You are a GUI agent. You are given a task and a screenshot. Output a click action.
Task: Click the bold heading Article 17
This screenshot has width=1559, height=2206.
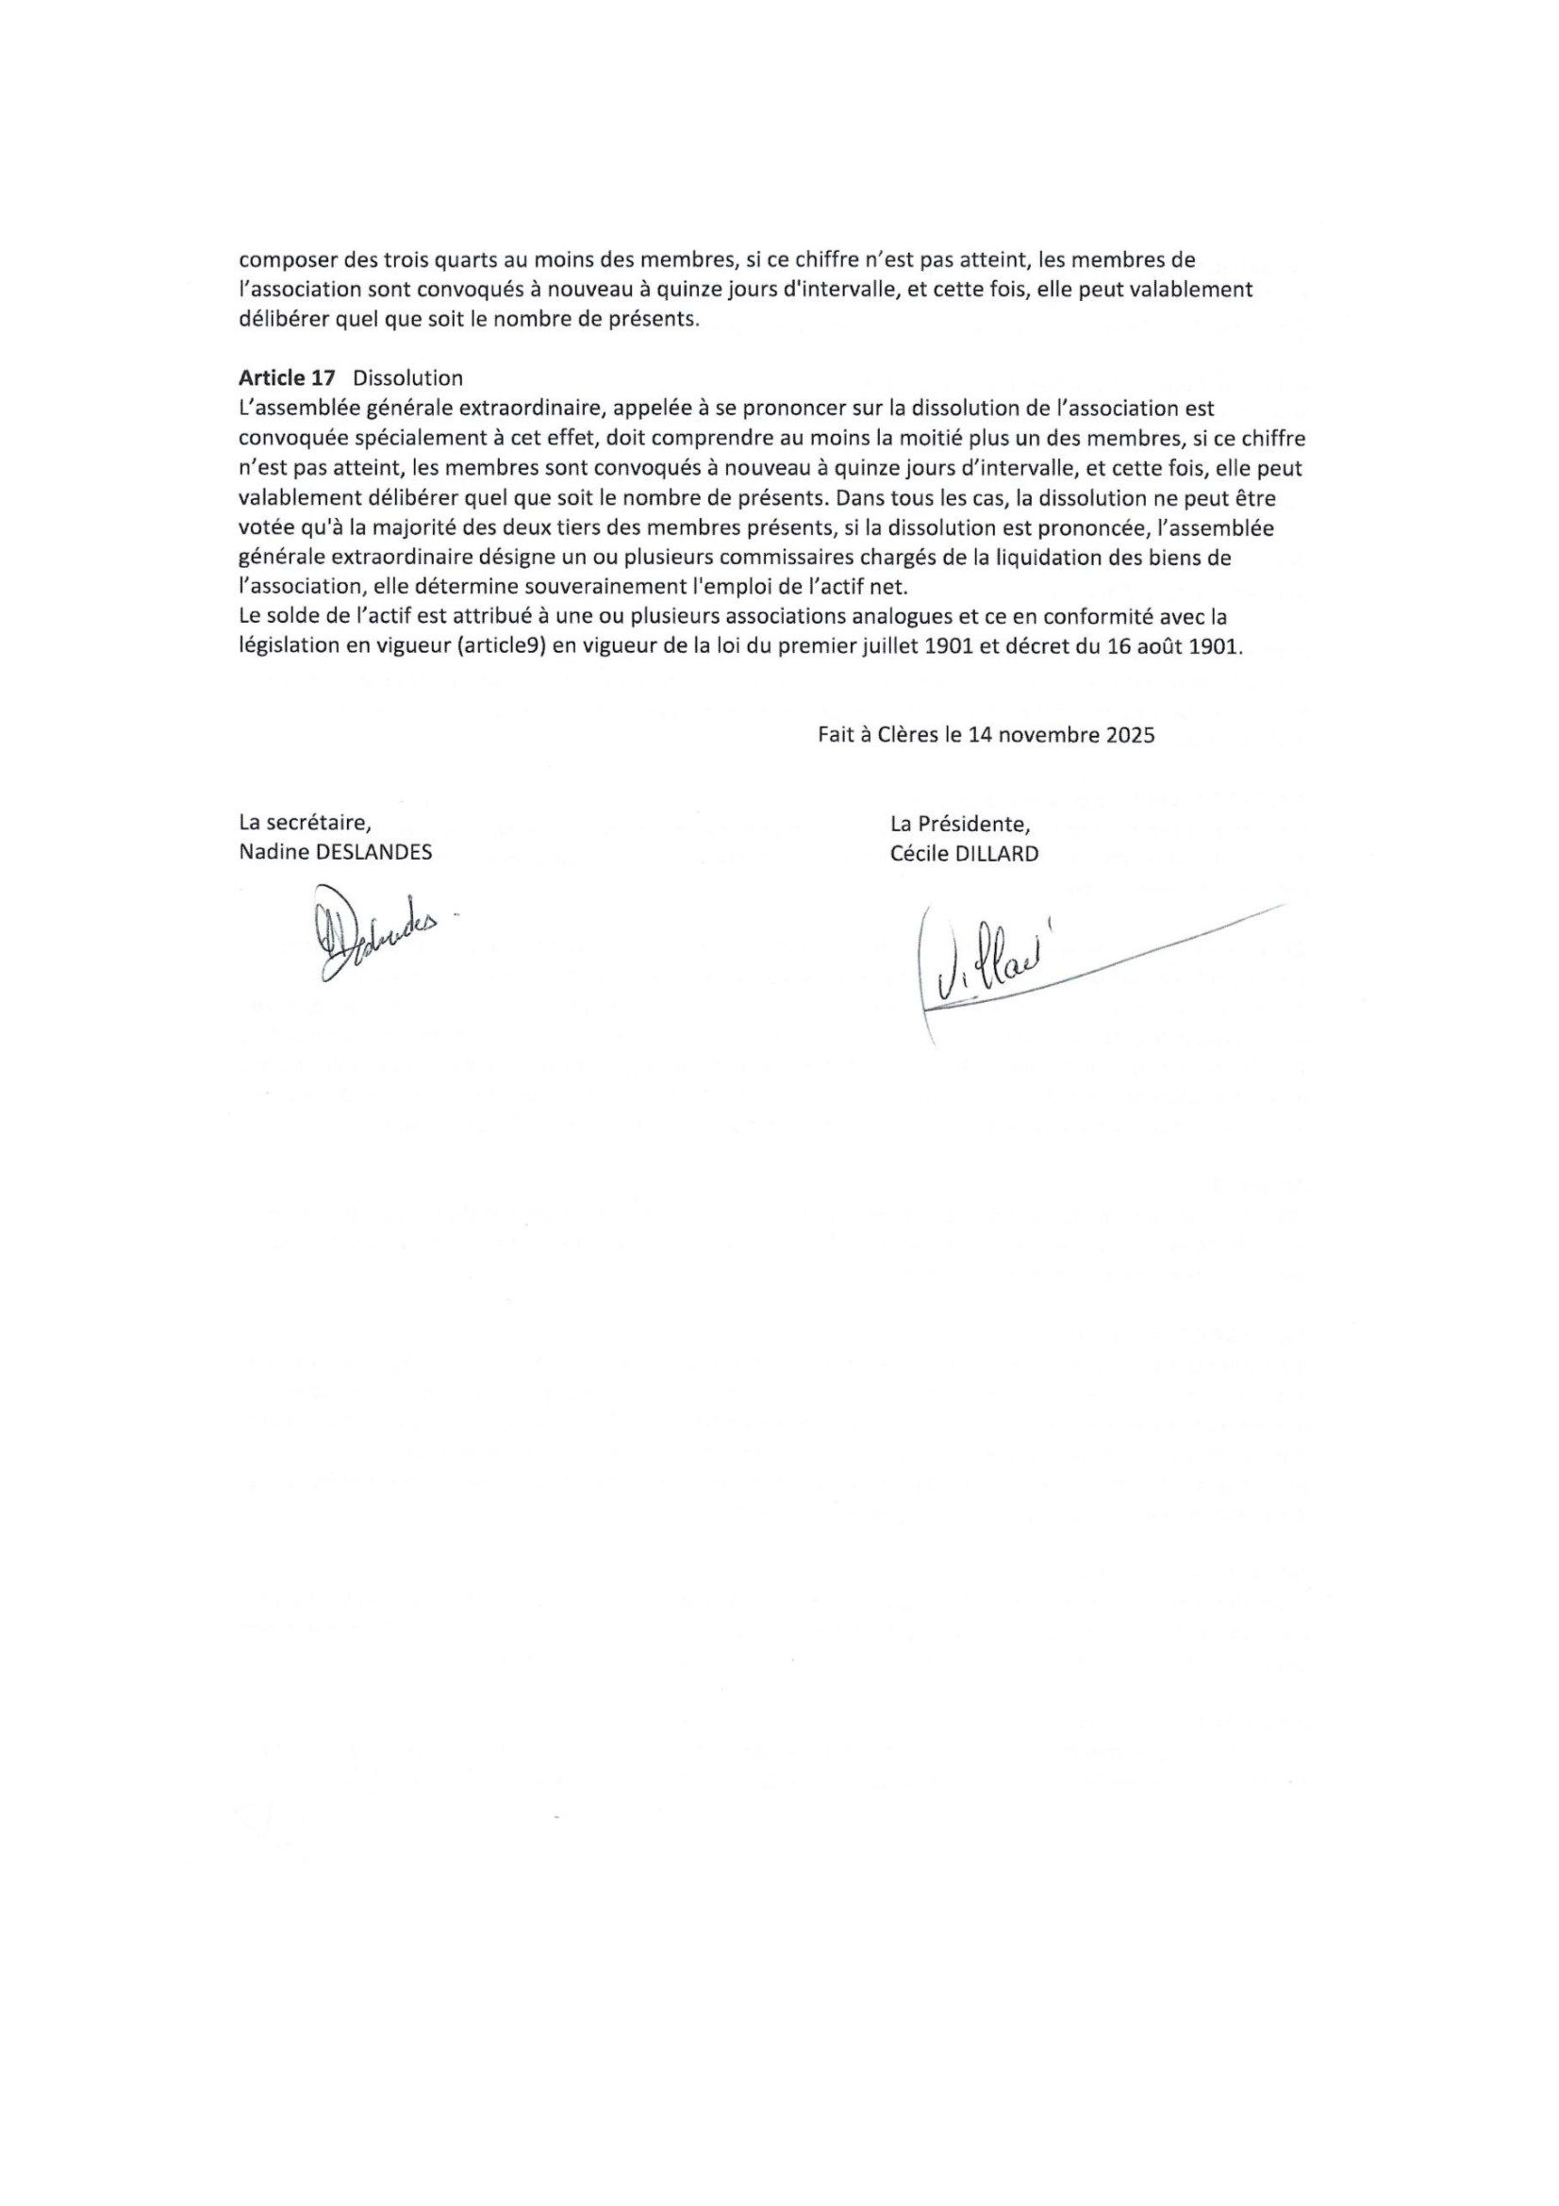click(x=288, y=378)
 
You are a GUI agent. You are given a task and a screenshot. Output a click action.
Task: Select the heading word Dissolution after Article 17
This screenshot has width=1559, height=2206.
click(x=407, y=378)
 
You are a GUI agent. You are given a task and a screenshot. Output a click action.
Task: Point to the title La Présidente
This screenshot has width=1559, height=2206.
click(x=959, y=824)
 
